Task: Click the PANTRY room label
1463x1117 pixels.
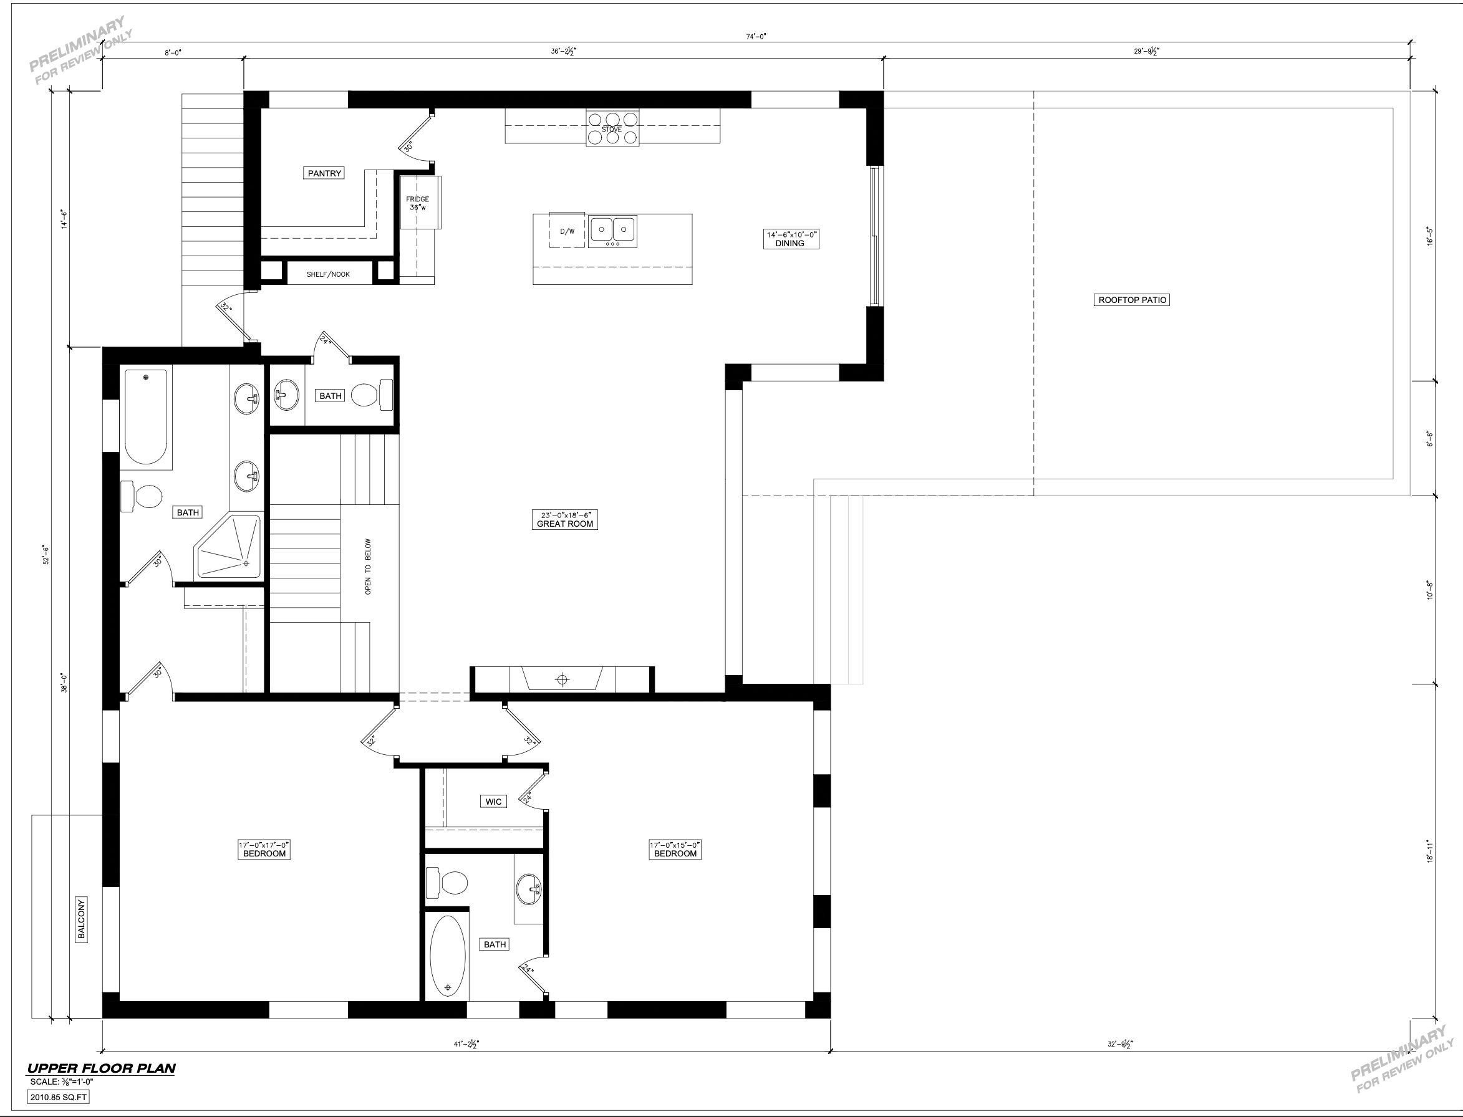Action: tap(324, 173)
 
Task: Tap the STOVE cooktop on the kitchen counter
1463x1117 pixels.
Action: tap(612, 128)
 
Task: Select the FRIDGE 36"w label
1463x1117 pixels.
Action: tap(418, 203)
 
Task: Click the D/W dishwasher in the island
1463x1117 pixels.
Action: tap(567, 231)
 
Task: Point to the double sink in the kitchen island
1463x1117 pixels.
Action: tap(612, 231)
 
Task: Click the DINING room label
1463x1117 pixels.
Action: tap(791, 239)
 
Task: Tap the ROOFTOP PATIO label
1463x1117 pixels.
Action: tap(1132, 300)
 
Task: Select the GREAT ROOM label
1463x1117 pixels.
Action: tap(565, 519)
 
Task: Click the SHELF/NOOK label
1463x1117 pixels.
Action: tap(328, 274)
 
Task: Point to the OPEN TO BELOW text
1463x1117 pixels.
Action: tap(369, 566)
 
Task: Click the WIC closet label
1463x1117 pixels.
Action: tap(493, 801)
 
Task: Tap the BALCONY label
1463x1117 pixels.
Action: tap(82, 919)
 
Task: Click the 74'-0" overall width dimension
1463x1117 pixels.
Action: tap(756, 37)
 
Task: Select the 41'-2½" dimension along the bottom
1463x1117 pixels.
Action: tap(466, 1044)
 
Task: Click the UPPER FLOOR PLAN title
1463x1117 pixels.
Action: tap(101, 1068)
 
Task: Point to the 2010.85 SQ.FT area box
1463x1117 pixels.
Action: tap(59, 1097)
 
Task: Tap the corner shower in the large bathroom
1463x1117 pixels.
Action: tap(228, 547)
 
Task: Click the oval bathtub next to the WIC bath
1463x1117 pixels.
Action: tap(448, 957)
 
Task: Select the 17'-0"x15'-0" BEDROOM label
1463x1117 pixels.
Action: tap(675, 849)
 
